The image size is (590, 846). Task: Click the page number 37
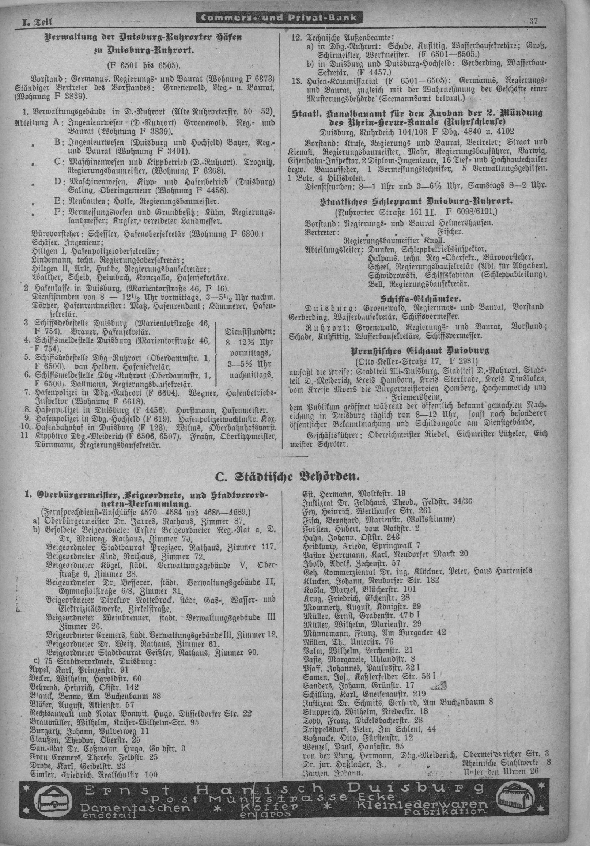(533, 21)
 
